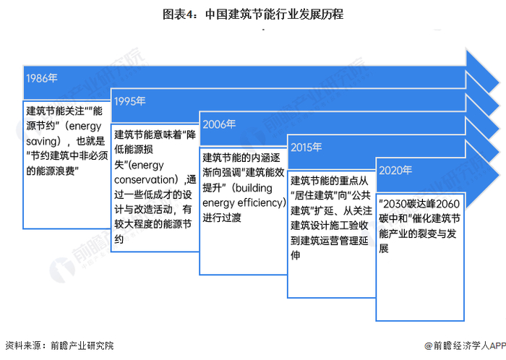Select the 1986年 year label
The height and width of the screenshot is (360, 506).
[41, 77]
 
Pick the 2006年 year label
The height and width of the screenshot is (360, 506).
[219, 124]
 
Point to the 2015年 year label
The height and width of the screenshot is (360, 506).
[306, 147]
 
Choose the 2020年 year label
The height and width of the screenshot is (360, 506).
[395, 171]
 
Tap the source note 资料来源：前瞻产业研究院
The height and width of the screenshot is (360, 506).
[59, 346]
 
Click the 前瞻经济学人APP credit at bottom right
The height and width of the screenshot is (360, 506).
[463, 346]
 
